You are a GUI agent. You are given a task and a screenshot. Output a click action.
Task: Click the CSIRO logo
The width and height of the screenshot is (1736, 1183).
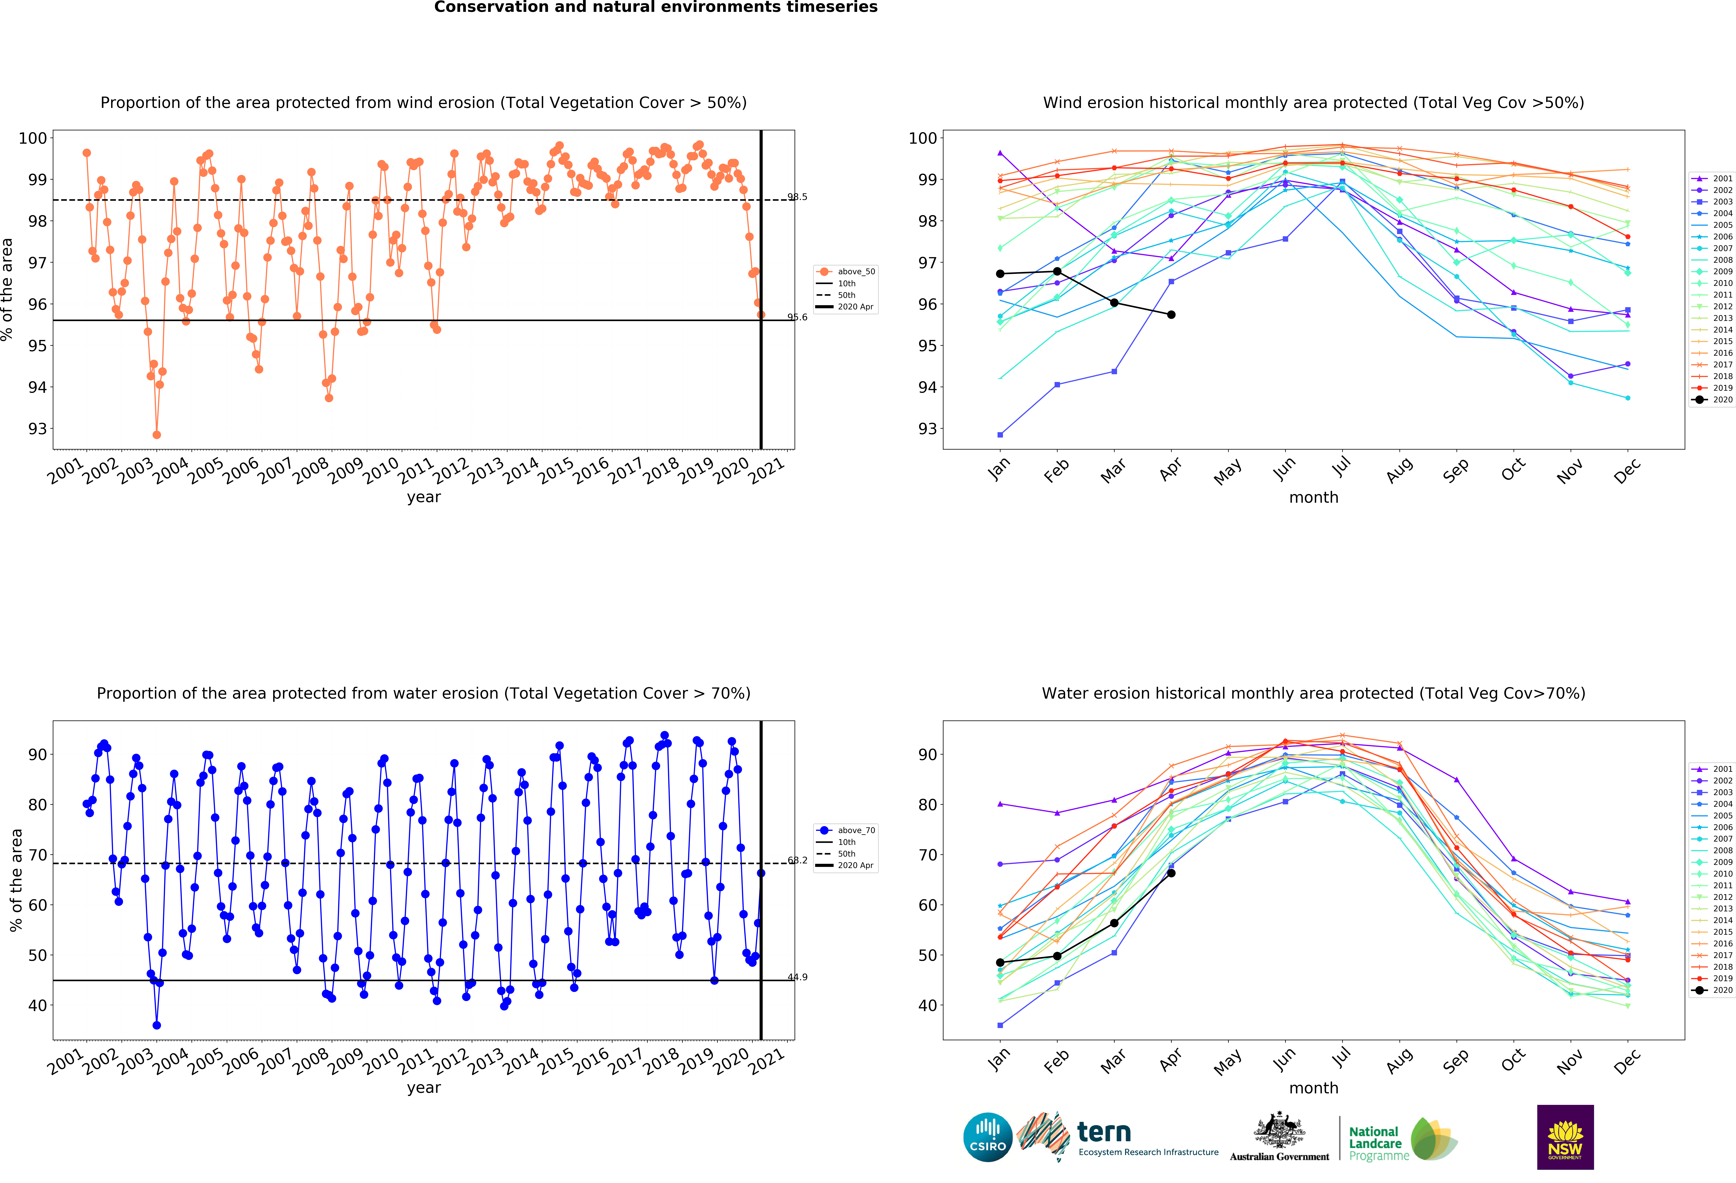pyautogui.click(x=988, y=1137)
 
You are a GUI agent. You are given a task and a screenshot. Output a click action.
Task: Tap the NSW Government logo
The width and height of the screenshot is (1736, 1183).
pyautogui.click(x=1565, y=1137)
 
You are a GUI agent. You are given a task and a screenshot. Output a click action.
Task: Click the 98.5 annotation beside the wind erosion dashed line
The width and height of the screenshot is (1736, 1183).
pyautogui.click(x=797, y=197)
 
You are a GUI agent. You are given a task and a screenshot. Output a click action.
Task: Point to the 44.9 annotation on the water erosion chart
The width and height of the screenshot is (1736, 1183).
pyautogui.click(x=797, y=977)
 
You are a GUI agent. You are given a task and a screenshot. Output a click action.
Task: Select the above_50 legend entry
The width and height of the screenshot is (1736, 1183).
pyautogui.click(x=846, y=272)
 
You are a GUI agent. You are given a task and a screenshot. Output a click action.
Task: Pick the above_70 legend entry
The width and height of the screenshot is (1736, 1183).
pyautogui.click(x=846, y=830)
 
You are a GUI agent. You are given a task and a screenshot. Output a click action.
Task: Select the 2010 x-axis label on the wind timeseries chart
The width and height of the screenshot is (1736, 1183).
pyautogui.click(x=380, y=471)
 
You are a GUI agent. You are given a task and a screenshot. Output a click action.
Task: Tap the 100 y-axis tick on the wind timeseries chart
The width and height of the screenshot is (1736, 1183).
pyautogui.click(x=33, y=138)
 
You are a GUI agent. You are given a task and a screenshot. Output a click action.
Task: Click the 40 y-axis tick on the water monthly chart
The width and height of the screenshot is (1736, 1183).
pyautogui.click(x=928, y=1005)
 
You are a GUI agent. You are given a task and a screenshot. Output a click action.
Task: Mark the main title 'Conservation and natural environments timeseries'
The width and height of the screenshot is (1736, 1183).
pyautogui.click(x=656, y=7)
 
